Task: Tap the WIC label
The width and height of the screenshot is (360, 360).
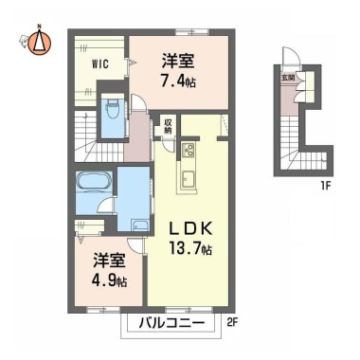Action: pyautogui.click(x=100, y=64)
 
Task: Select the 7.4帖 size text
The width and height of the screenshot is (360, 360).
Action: pyautogui.click(x=178, y=81)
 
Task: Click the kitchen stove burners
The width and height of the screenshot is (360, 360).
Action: pyautogui.click(x=189, y=150)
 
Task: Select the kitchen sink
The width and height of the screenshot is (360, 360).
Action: pyautogui.click(x=188, y=179)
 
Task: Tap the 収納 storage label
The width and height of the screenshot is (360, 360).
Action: pyautogui.click(x=168, y=126)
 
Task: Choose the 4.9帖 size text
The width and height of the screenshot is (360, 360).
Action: pyautogui.click(x=109, y=280)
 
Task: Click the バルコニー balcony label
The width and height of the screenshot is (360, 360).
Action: pyautogui.click(x=171, y=323)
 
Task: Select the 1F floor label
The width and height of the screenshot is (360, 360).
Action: pyautogui.click(x=325, y=185)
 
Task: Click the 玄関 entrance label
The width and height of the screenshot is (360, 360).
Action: pyautogui.click(x=286, y=78)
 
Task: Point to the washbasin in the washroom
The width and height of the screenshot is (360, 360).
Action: pyautogui.click(x=140, y=225)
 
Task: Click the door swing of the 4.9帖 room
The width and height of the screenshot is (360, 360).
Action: pyautogui.click(x=135, y=245)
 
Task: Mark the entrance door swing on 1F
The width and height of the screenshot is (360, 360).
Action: pyautogui.click(x=290, y=56)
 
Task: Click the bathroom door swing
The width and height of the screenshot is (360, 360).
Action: pyautogui.click(x=105, y=206)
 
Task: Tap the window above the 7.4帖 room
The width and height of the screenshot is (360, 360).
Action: pyautogui.click(x=192, y=31)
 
